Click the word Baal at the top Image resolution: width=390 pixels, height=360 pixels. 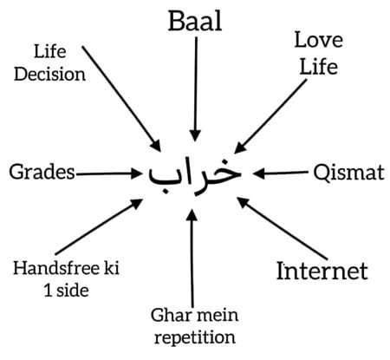(x=194, y=20)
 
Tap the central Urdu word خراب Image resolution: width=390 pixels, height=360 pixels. (x=194, y=173)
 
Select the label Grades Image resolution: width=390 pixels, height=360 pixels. (x=41, y=172)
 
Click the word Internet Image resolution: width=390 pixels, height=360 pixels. (x=322, y=271)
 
